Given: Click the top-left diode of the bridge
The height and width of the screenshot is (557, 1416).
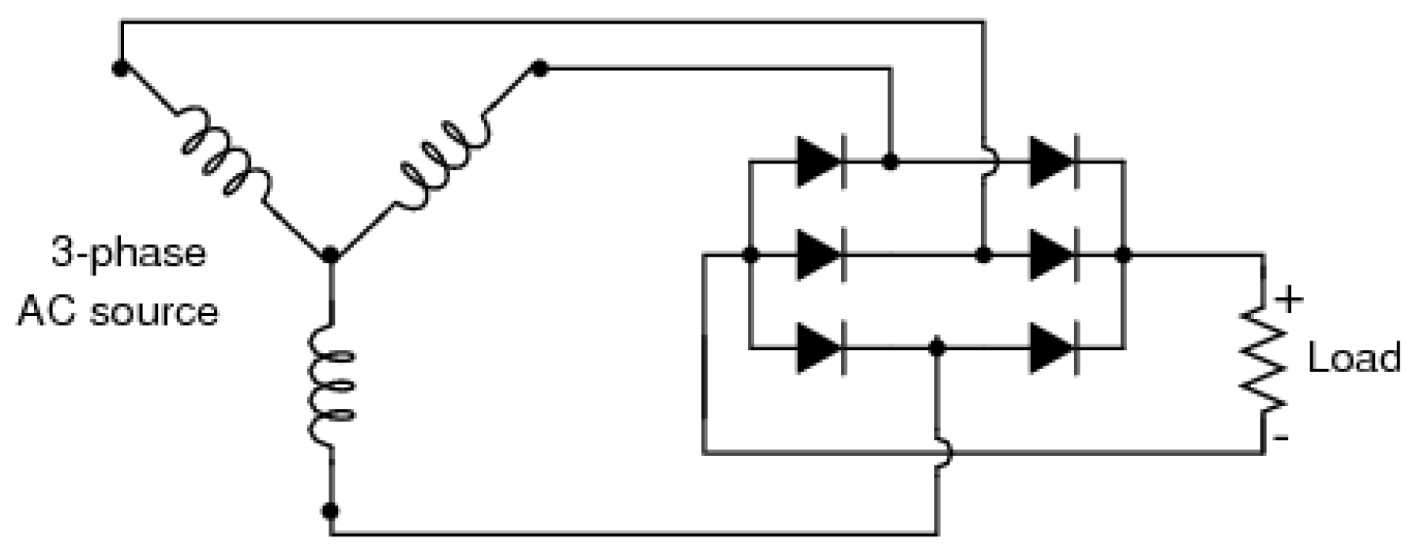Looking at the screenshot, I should point(819,162).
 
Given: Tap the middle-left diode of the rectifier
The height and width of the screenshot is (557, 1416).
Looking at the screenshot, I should point(819,255).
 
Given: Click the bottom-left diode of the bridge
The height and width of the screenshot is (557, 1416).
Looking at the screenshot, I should point(819,347).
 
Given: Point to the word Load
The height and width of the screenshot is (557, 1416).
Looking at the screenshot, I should point(1354,358).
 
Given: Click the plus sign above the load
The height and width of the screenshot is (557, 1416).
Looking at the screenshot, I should point(1288,301).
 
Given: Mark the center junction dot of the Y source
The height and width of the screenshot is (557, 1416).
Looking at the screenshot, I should point(332,255).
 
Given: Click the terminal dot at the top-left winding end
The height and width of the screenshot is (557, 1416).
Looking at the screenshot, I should point(120,68).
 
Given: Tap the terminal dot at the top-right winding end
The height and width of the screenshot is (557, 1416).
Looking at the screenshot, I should point(540,69).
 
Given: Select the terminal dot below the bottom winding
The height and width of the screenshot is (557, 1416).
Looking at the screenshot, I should point(332,510).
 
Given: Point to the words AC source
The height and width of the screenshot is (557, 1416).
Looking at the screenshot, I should point(118,311).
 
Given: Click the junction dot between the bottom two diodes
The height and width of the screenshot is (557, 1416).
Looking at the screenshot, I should point(937,347).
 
